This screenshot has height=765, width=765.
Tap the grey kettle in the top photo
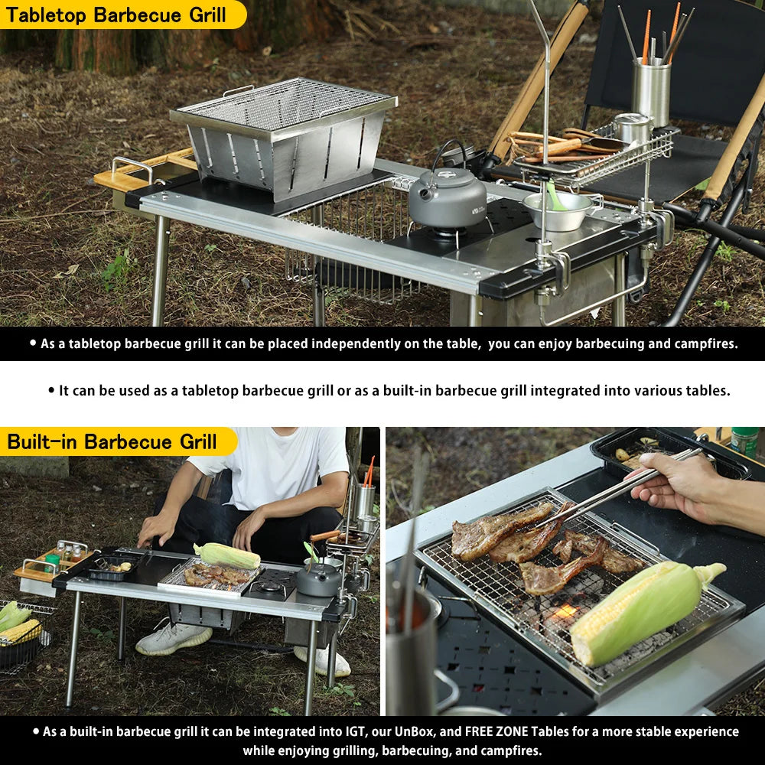448,192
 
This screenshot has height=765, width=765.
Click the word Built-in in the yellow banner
41,442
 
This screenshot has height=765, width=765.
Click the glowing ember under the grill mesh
566,611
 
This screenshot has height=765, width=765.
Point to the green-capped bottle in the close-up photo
744,441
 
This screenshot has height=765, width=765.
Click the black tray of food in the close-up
669,453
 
